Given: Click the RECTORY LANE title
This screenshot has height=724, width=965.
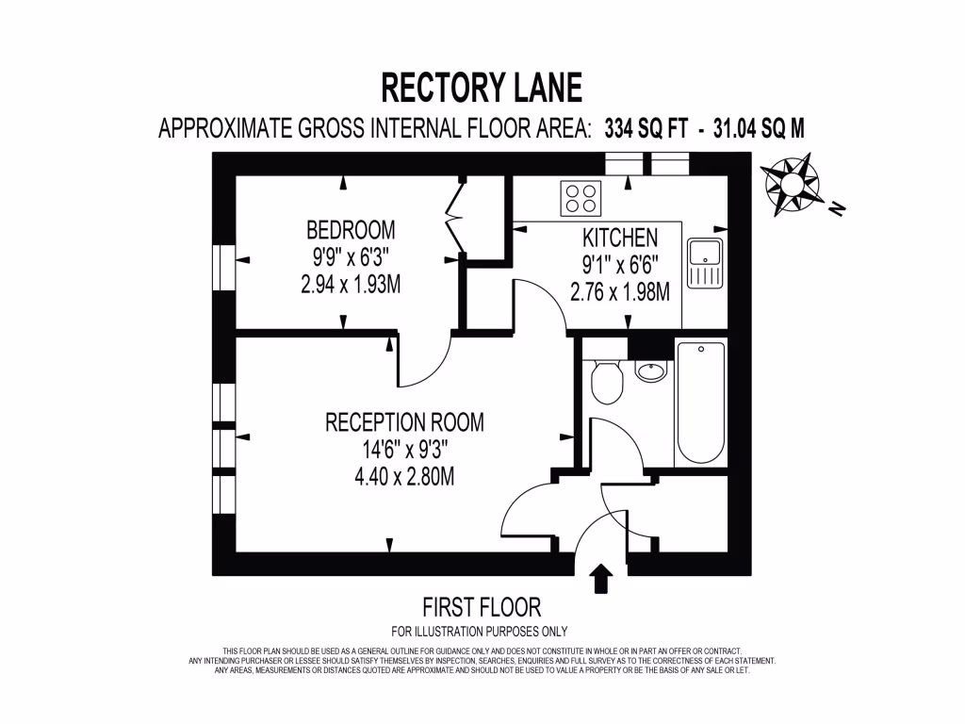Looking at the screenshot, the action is pyautogui.click(x=482, y=88).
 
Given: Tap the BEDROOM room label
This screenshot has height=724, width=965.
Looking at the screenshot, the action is pyautogui.click(x=351, y=230).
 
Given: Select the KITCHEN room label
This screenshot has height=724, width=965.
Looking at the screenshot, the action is pyautogui.click(x=620, y=238).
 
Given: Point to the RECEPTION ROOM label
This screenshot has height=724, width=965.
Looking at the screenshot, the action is pyautogui.click(x=404, y=422).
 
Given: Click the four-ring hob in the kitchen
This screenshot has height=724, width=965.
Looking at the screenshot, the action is pyautogui.click(x=581, y=198).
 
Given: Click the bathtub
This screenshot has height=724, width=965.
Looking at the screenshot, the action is pyautogui.click(x=700, y=403).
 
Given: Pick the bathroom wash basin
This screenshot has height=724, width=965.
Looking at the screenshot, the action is pyautogui.click(x=650, y=370).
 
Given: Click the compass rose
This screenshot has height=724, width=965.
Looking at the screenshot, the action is pyautogui.click(x=790, y=182).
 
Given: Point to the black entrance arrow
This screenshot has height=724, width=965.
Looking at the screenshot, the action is pyautogui.click(x=600, y=578).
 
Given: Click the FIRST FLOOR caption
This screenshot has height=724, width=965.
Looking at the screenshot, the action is pyautogui.click(x=482, y=606).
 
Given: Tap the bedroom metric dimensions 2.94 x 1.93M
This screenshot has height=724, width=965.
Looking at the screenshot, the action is pyautogui.click(x=351, y=285).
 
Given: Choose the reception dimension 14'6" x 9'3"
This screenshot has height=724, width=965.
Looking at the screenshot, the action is pyautogui.click(x=404, y=450).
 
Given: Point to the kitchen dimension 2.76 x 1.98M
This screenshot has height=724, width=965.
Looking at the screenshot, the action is pyautogui.click(x=620, y=292).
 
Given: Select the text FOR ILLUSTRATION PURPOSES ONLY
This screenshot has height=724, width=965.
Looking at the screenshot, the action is pyautogui.click(x=480, y=632).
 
